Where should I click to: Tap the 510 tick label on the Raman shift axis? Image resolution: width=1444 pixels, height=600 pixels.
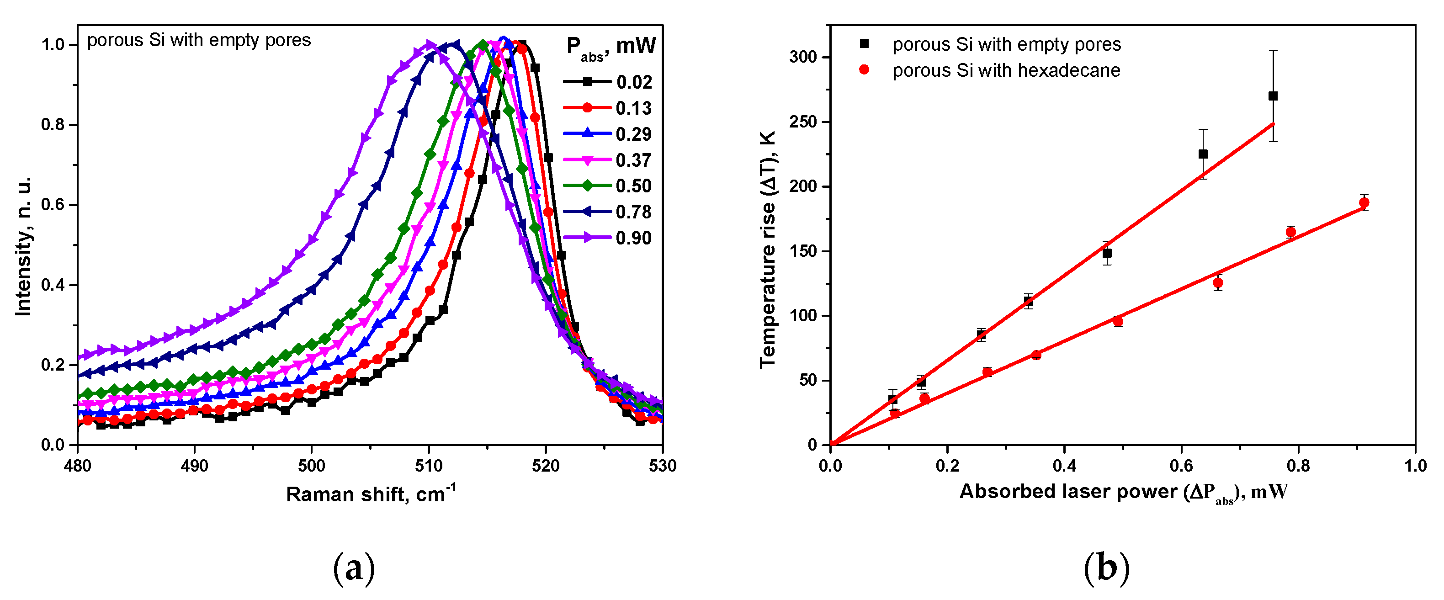tap(429, 466)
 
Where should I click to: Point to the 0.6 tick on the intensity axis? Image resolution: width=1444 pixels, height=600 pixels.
tap(53, 205)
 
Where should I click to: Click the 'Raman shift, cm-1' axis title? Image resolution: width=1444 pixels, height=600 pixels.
tap(371, 494)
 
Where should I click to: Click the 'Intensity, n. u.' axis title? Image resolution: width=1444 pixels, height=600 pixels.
tap(24, 247)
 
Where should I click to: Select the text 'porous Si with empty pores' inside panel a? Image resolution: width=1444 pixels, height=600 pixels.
tap(198, 40)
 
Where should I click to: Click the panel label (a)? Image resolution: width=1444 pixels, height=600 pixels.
tap(354, 568)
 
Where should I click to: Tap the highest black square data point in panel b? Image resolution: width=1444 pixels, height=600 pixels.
tap(1273, 96)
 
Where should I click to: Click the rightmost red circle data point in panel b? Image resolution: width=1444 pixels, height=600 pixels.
tap(1364, 203)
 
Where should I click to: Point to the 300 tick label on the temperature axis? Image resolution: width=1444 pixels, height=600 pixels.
tap(803, 57)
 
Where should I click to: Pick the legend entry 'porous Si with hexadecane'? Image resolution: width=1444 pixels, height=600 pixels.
tap(1006, 71)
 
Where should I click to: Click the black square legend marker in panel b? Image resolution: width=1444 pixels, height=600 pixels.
tap(865, 44)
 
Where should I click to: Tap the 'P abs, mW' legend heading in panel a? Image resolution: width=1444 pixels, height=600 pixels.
tap(611, 47)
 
